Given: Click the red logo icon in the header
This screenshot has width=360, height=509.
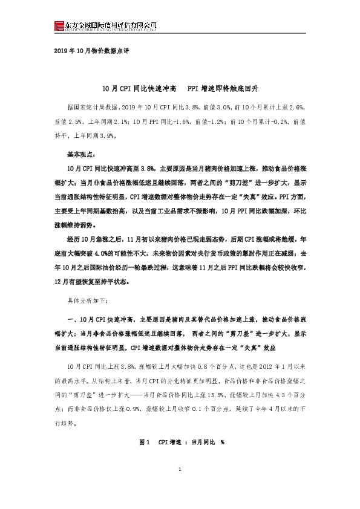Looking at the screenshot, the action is click(59, 25).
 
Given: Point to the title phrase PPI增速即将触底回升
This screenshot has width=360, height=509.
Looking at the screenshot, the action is click(223, 88).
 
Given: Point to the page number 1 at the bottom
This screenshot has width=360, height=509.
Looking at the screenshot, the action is click(180, 487).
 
